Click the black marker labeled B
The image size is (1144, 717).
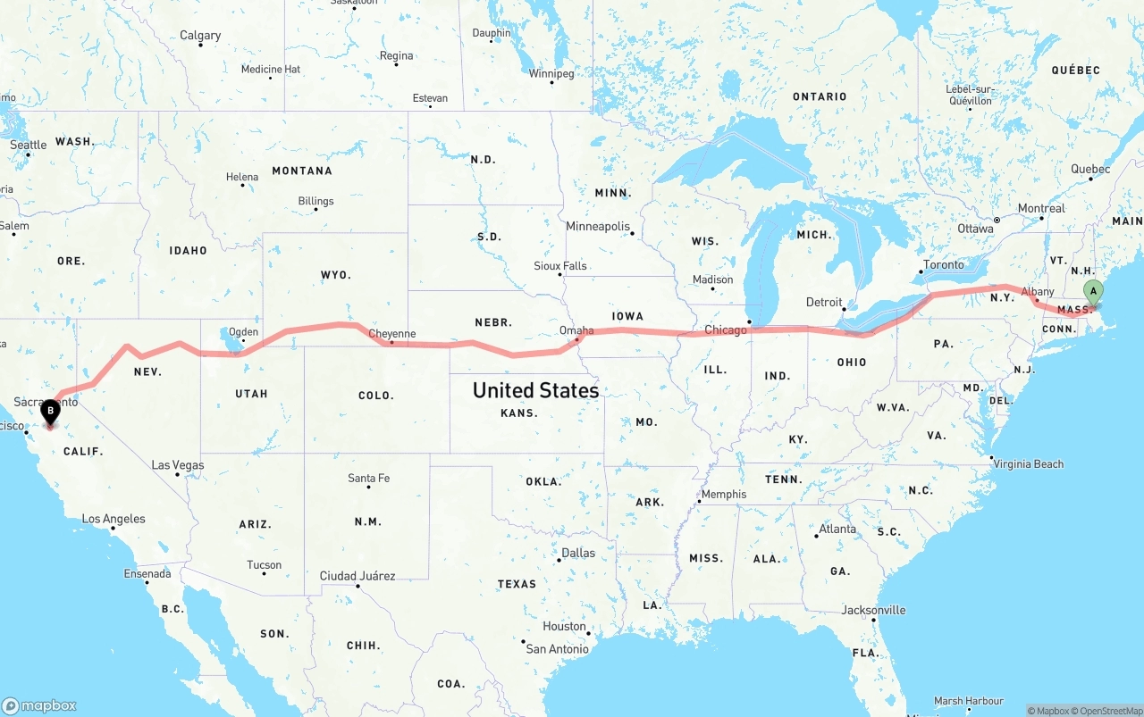[51, 412]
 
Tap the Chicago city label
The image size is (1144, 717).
[725, 330]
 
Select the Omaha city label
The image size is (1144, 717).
[576, 330]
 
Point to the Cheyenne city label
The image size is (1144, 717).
[391, 334]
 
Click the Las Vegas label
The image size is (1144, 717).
[178, 465]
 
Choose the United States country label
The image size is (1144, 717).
[535, 390]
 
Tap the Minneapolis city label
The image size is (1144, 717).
[598, 227]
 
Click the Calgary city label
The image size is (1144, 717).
[200, 36]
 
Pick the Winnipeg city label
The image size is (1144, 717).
[551, 73]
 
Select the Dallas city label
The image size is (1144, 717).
[577, 553]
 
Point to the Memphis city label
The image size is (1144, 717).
[724, 494]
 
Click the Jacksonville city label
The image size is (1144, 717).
[873, 610]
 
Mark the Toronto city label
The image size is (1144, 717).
[944, 264]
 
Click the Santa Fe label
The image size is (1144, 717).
[368, 479]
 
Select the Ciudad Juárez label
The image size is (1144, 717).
[357, 576]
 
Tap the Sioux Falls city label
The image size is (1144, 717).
[560, 266]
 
